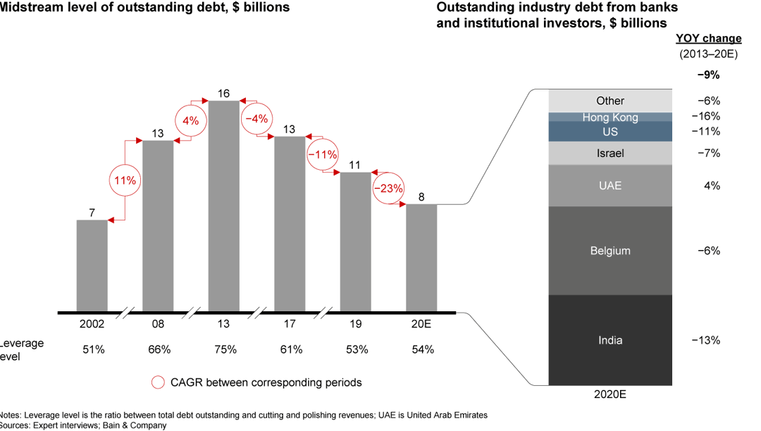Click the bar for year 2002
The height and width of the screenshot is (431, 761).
(x=92, y=266)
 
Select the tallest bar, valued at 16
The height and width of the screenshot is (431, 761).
(x=223, y=206)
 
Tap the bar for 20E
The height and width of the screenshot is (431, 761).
(x=421, y=258)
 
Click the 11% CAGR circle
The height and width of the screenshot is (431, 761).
(x=125, y=180)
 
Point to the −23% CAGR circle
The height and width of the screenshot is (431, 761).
(x=388, y=188)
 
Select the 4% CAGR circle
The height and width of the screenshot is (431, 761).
(x=190, y=120)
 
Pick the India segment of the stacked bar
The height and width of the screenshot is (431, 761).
(x=610, y=340)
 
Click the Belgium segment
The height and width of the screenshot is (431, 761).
(x=610, y=251)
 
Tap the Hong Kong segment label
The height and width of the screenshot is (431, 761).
(x=610, y=117)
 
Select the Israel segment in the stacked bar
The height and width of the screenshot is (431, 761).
(x=610, y=154)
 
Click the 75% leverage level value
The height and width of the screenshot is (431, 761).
(x=224, y=349)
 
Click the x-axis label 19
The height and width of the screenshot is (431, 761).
(x=355, y=325)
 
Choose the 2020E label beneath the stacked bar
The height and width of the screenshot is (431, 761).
(x=610, y=394)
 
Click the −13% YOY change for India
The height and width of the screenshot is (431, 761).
(x=705, y=340)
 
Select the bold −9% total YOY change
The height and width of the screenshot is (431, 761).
(x=708, y=75)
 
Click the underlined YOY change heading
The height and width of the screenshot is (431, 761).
(x=708, y=39)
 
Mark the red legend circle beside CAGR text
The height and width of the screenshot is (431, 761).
(x=158, y=382)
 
